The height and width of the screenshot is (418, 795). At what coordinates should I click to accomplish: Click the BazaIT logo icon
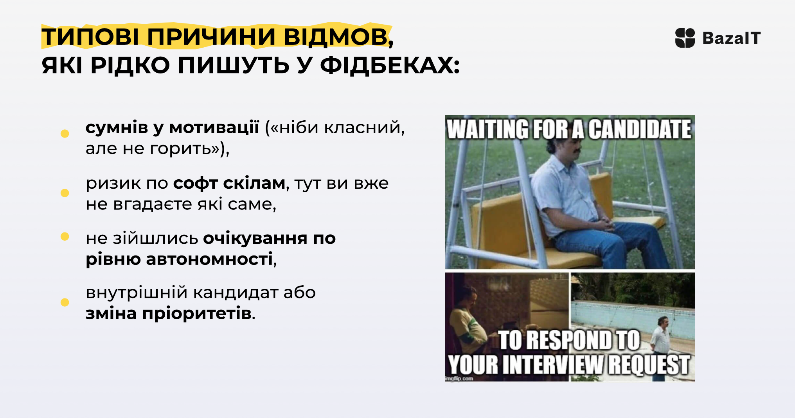tap(685, 38)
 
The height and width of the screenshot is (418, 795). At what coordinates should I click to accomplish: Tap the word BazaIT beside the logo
tap(732, 38)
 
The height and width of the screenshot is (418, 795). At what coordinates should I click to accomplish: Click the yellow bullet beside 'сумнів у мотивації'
tap(65, 134)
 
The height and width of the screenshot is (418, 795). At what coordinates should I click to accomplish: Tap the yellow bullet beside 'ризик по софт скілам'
tap(65, 193)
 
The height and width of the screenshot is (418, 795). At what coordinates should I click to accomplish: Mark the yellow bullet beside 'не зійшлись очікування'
tap(65, 236)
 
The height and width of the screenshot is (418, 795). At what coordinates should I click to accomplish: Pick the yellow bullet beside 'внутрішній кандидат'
tap(65, 302)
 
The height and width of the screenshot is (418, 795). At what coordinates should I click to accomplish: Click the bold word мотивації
tap(214, 128)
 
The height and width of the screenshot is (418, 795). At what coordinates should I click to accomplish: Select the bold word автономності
tap(209, 259)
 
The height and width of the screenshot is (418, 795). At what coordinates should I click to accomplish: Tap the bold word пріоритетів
tap(197, 314)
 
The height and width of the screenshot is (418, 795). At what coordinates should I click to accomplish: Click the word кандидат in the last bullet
tap(236, 293)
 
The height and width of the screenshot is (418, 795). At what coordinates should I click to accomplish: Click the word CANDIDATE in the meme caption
tap(640, 129)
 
